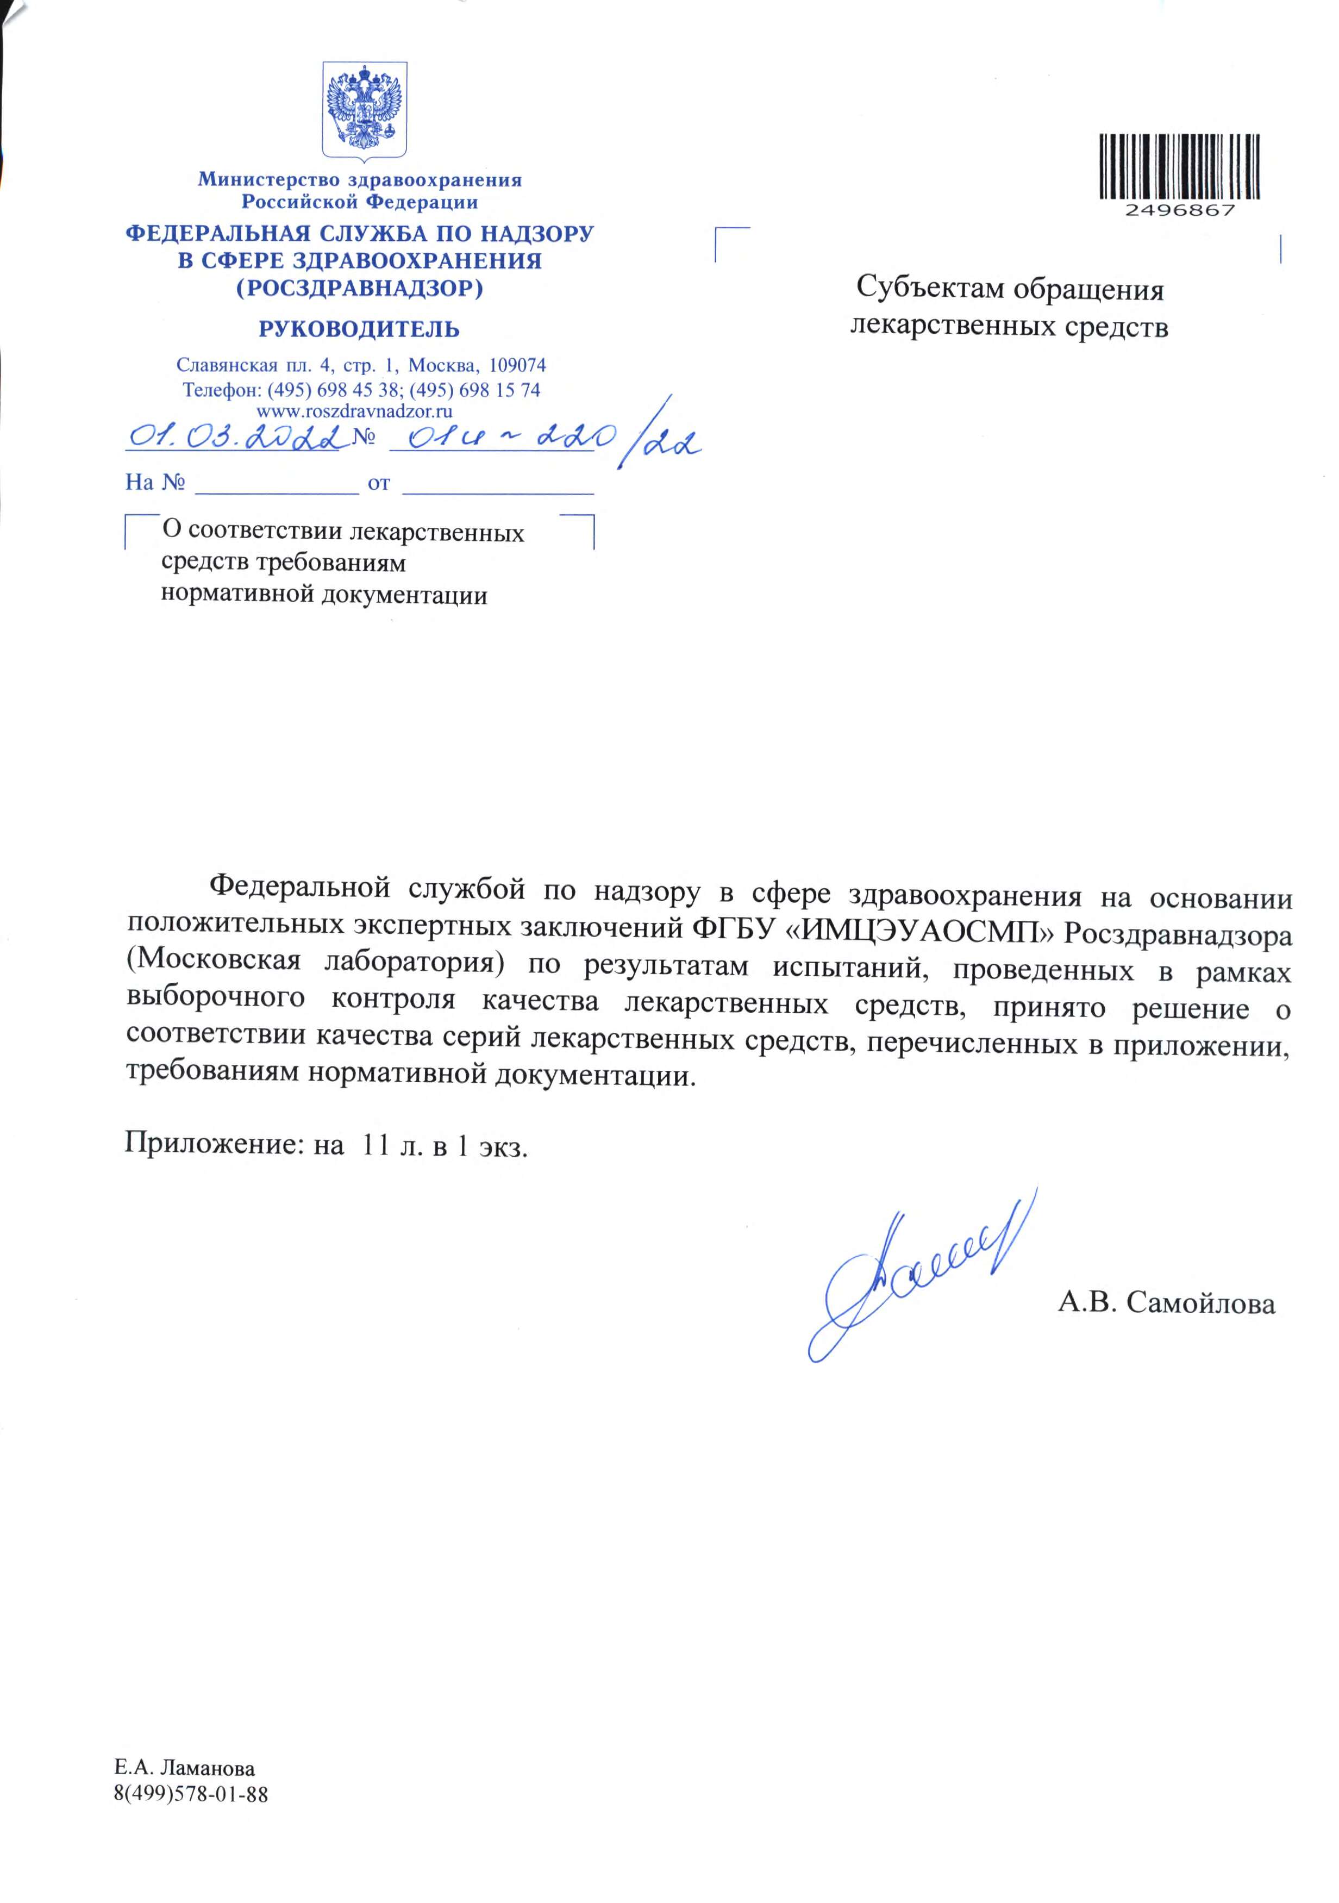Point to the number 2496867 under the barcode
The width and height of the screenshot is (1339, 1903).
(1180, 210)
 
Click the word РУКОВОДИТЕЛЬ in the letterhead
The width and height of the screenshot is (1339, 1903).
(359, 330)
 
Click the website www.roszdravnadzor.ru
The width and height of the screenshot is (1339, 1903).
(355, 410)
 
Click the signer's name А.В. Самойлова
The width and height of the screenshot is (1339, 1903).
(1166, 1304)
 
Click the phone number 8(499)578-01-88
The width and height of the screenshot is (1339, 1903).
(191, 1795)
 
